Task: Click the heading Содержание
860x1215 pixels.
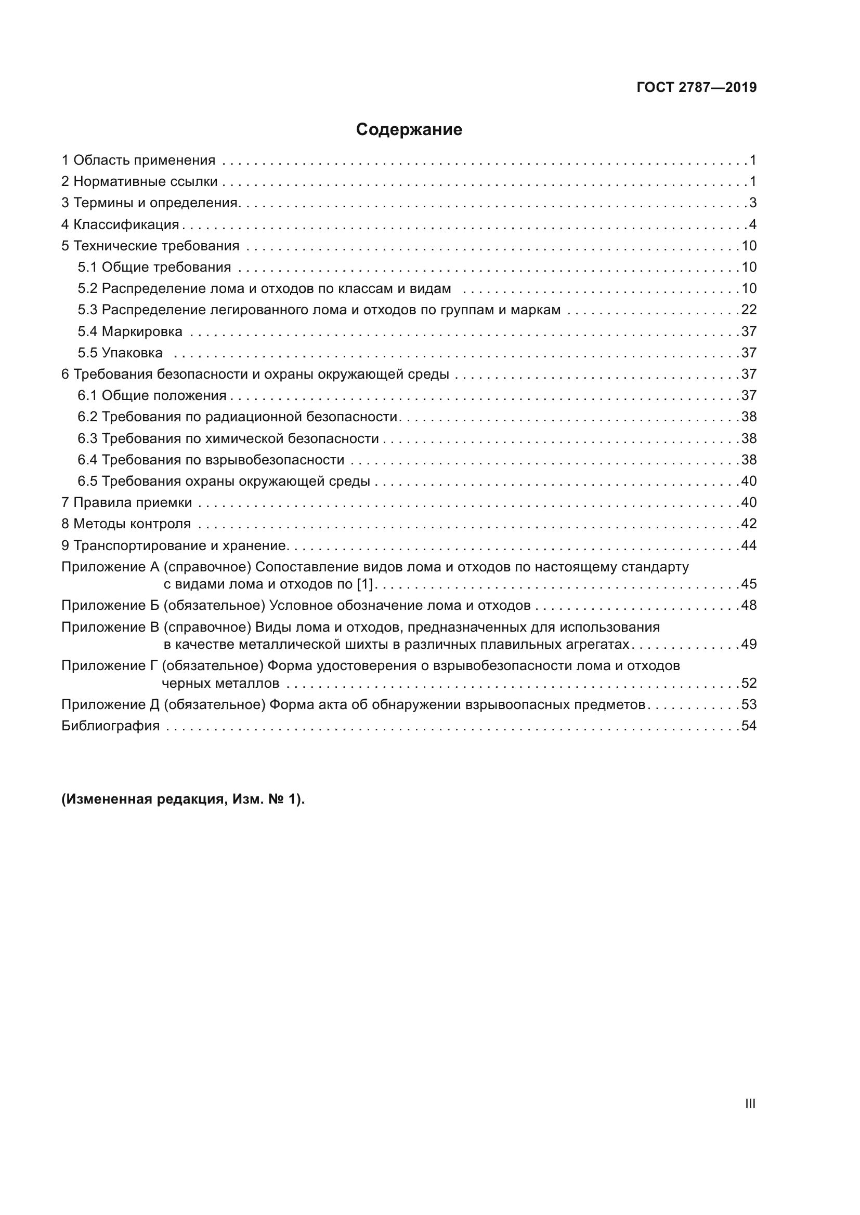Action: click(x=409, y=130)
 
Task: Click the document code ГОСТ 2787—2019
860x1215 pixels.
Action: click(x=696, y=87)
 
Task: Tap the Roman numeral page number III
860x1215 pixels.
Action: click(x=750, y=1103)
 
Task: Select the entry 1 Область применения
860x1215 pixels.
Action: click(x=138, y=161)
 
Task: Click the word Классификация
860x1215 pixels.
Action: click(x=126, y=224)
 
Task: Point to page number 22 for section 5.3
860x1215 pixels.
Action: click(x=749, y=310)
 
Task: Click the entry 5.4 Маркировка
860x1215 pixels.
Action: click(x=131, y=332)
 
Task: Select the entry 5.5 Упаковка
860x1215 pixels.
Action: click(x=120, y=353)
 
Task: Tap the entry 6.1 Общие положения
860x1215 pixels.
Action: click(x=152, y=396)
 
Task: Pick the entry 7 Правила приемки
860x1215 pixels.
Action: click(x=126, y=503)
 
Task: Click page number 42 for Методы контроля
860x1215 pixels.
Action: click(x=749, y=524)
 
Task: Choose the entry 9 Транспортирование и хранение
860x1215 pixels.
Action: click(x=174, y=545)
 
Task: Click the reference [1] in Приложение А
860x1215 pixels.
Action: click(x=366, y=584)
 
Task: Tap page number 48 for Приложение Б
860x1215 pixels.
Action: click(x=749, y=605)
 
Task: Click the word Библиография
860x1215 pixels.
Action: click(x=111, y=726)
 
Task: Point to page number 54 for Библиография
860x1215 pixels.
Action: click(x=749, y=726)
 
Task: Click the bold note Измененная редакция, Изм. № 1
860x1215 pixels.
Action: click(x=183, y=799)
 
